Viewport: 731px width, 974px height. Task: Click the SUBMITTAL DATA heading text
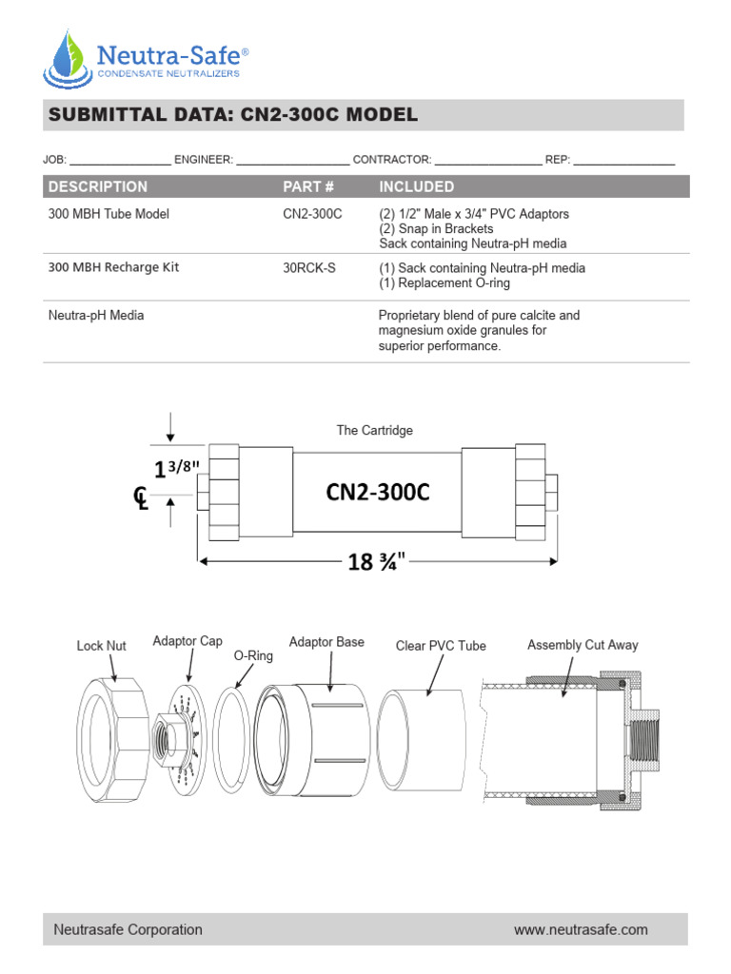click(x=232, y=115)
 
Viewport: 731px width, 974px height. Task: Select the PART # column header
click(x=308, y=186)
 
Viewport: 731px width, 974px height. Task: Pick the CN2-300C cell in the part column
click(x=312, y=214)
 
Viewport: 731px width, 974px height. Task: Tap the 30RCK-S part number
click(x=309, y=268)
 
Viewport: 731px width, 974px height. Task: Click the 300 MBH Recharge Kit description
click(x=113, y=267)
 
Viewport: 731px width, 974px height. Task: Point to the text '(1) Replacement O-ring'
click(x=444, y=283)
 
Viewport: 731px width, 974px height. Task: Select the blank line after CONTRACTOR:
click(x=487, y=160)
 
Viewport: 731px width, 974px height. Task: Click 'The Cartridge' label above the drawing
click(x=374, y=430)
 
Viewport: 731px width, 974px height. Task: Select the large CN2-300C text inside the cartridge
click(x=378, y=492)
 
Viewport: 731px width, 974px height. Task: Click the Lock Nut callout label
click(x=101, y=646)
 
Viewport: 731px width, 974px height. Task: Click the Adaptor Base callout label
click(x=326, y=642)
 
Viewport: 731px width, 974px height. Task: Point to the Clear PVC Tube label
click(x=441, y=646)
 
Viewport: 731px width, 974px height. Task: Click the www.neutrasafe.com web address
click(x=581, y=929)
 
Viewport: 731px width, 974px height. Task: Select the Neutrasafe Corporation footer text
click(x=128, y=929)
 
